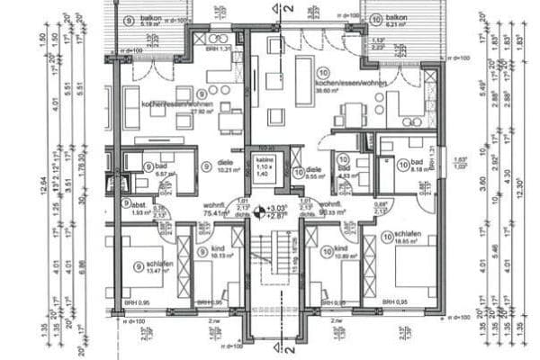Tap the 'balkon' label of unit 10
click(397, 17)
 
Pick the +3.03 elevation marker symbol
click(259, 213)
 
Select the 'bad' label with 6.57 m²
click(161, 166)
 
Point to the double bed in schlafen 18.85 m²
click(414, 266)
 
